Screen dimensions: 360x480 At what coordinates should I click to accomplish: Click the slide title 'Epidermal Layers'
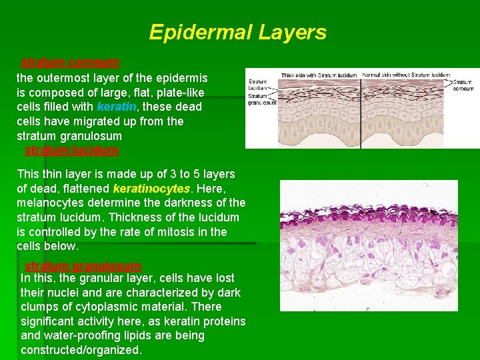(237, 32)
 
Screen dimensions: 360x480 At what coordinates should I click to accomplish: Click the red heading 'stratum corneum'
(70, 63)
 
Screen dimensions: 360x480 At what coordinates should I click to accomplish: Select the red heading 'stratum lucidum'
(71, 150)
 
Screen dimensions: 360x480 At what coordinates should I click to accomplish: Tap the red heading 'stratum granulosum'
(83, 266)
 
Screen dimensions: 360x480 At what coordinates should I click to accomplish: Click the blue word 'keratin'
(116, 107)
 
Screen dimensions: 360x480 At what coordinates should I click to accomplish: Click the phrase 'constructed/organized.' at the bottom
(81, 350)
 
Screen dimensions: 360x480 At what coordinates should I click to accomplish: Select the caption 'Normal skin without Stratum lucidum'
(405, 75)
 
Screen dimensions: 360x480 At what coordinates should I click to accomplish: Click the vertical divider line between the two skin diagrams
(361, 107)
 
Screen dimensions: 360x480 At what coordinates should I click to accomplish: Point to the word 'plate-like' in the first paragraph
(180, 92)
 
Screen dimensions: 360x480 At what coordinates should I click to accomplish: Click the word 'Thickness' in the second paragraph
(130, 217)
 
